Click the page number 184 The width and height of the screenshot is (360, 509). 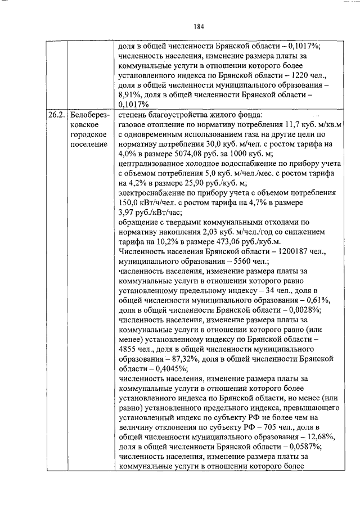coord(198,26)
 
